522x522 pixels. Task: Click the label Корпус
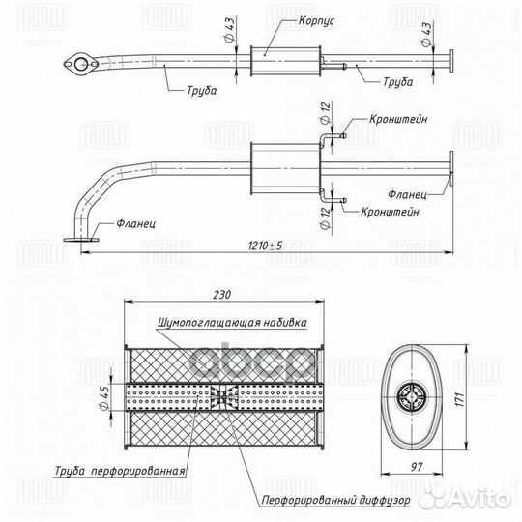tap(316, 20)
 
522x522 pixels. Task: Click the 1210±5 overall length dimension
tap(265, 246)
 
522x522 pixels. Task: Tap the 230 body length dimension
tap(222, 295)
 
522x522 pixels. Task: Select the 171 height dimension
tap(459, 399)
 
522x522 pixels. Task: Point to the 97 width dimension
tap(417, 467)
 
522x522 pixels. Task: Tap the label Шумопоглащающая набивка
tap(232, 323)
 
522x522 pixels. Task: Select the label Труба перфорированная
tap(120, 471)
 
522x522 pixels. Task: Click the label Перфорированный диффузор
tap(335, 500)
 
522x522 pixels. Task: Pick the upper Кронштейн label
tap(398, 119)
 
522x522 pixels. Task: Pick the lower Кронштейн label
tap(390, 212)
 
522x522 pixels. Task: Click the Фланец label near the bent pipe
tap(136, 223)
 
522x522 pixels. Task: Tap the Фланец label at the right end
tap(407, 194)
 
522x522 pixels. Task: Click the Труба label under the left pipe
tap(202, 90)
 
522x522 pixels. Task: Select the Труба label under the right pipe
tap(398, 82)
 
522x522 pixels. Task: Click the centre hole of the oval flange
tap(80, 64)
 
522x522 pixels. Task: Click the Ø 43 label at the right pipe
tap(426, 34)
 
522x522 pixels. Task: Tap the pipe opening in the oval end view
tap(412, 397)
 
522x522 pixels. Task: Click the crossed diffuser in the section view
tap(224, 397)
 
